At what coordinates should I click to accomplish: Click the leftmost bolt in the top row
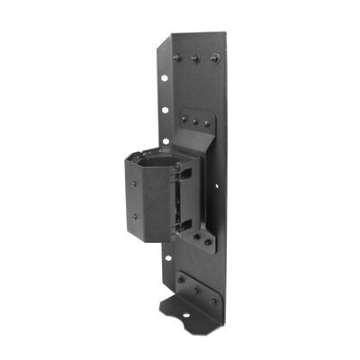pos(176,57)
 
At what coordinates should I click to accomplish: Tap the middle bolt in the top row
pos(194,58)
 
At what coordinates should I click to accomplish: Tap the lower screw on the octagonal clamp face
pos(135,216)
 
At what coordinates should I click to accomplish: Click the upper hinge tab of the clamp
pos(187,170)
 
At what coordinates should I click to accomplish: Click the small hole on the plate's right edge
pos(215,186)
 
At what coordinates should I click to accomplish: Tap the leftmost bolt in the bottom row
pos(180,280)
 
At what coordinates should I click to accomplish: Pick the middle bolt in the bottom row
pos(196,289)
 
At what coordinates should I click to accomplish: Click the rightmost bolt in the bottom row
pos(213,299)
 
